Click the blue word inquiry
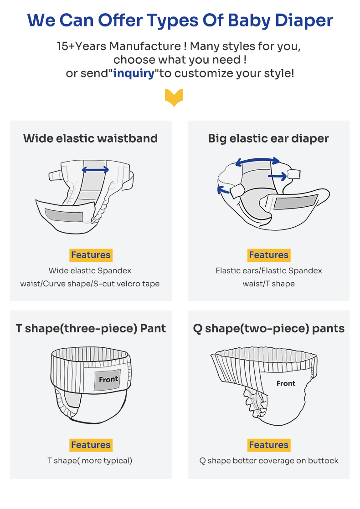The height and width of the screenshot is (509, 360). point(134,73)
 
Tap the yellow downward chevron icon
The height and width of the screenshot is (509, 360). point(174,98)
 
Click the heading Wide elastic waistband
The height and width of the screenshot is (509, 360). point(90,138)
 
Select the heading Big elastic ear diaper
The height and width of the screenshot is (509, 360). point(268,138)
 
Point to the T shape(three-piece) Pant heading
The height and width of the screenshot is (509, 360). point(91,329)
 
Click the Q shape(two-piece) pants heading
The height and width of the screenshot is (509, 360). point(269,329)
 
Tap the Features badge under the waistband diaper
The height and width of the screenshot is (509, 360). point(91,255)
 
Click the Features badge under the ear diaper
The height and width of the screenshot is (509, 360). point(269,255)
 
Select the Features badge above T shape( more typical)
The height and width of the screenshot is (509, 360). point(91,445)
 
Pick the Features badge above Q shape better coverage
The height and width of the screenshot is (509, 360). point(269,445)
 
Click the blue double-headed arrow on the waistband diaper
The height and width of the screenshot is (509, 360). point(95,169)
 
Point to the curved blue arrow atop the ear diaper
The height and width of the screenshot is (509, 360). point(257,160)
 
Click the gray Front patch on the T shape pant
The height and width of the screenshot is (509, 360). point(108,380)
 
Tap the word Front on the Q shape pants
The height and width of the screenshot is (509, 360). point(286,384)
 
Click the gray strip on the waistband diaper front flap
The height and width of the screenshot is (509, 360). point(64,215)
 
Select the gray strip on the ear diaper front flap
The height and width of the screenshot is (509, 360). point(295,202)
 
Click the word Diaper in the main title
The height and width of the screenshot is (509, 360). point(304,21)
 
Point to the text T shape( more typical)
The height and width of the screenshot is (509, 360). point(90,461)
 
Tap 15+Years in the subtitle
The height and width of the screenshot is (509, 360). point(82,46)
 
